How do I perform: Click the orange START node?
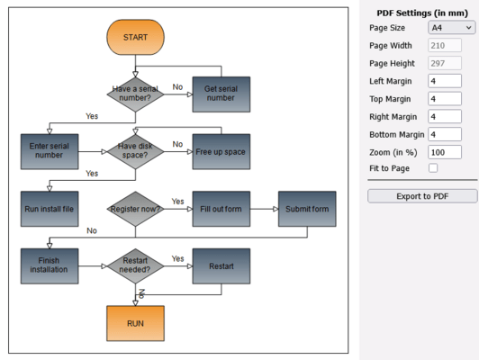click(135, 37)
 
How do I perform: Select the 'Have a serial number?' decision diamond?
click(135, 93)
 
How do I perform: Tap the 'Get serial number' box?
click(221, 94)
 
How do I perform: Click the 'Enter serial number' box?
click(50, 150)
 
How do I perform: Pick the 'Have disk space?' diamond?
click(135, 150)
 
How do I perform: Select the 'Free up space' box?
click(221, 151)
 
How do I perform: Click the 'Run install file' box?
click(50, 209)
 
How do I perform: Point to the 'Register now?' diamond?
click(135, 209)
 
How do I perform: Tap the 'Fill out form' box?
click(221, 209)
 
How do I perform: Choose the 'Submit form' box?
click(306, 209)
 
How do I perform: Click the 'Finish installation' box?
click(50, 265)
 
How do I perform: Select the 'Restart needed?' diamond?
click(135, 265)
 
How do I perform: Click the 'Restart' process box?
click(221, 266)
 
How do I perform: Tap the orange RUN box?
click(135, 323)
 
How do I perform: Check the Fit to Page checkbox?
click(433, 168)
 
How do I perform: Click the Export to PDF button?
click(422, 195)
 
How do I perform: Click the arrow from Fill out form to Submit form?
click(263, 209)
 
